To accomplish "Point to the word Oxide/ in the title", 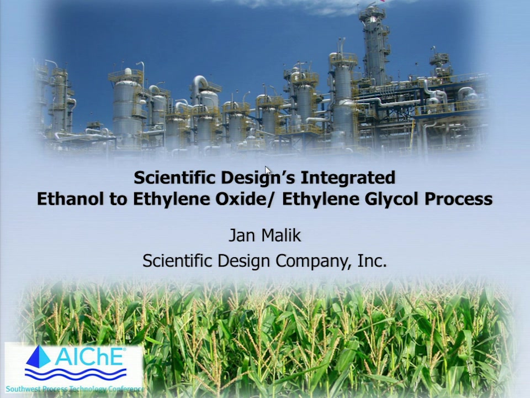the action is click(244, 198).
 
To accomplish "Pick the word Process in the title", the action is click(459, 199).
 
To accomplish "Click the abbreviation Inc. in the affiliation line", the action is click(372, 260).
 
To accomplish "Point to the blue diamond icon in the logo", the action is click(38, 357).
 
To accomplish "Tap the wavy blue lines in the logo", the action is click(76, 375).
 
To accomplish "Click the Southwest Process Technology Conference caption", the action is click(75, 389).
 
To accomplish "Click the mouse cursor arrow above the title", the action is click(268, 171).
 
